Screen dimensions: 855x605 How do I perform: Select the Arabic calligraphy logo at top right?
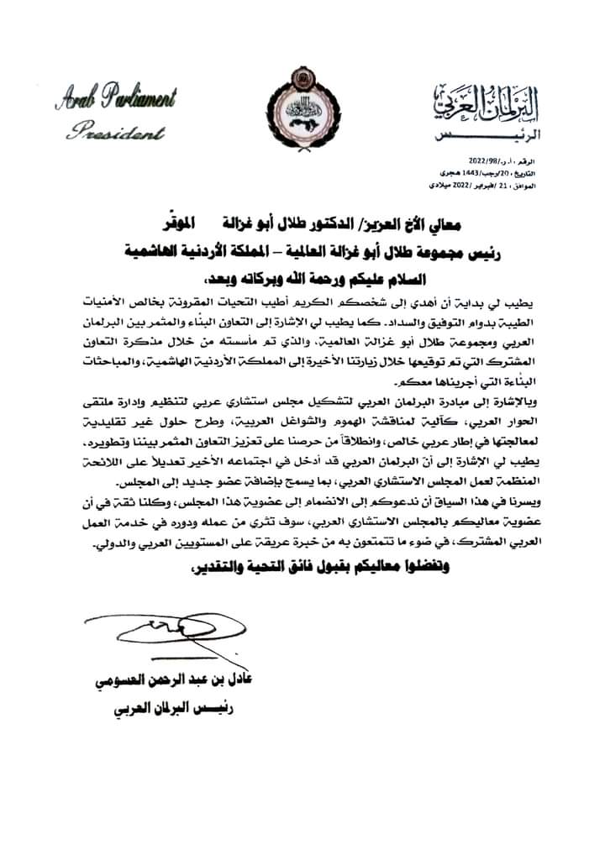(479, 103)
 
